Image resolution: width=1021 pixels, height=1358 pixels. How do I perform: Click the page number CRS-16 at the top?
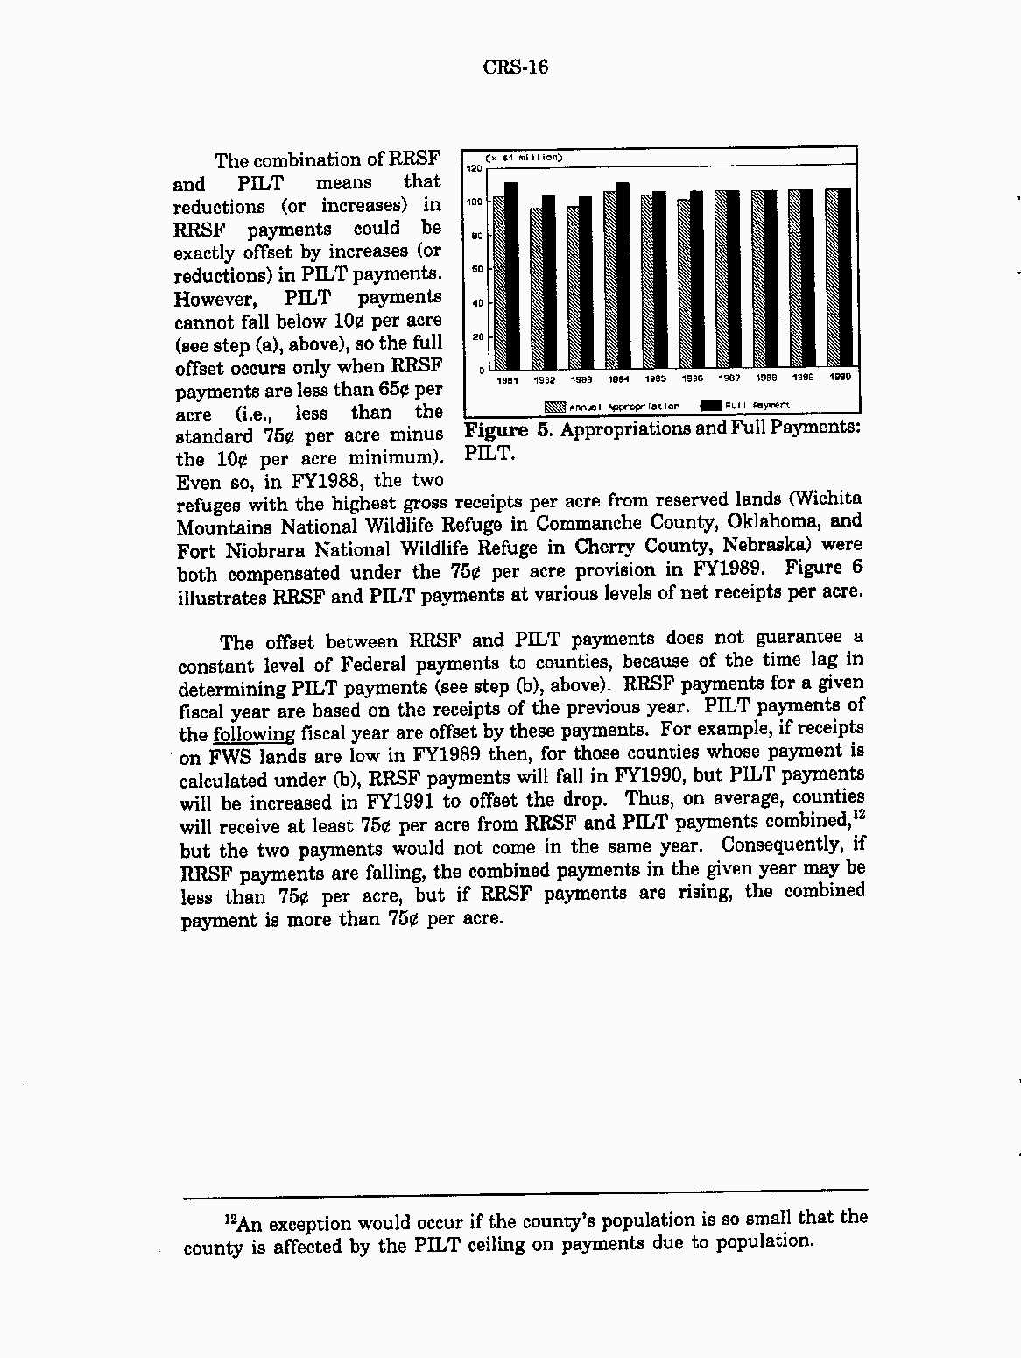[516, 67]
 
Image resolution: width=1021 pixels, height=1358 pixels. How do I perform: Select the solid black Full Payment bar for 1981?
[511, 276]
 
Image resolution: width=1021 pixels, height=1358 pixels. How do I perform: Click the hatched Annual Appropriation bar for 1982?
[536, 288]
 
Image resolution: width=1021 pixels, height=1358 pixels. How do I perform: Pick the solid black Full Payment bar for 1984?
[623, 276]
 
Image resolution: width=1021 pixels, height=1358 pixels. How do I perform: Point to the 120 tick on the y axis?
[474, 168]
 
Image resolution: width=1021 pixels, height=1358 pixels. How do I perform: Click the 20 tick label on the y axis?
[478, 336]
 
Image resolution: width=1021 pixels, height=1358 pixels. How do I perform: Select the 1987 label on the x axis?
[729, 378]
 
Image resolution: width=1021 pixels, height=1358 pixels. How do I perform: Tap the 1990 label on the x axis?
[840, 378]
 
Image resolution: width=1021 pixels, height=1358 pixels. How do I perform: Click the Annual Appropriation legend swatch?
[555, 406]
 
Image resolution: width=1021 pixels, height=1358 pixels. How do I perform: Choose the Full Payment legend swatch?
[710, 405]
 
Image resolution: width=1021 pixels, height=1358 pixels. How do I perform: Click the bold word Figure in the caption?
[496, 430]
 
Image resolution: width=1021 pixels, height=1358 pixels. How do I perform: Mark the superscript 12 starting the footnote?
[231, 1219]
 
